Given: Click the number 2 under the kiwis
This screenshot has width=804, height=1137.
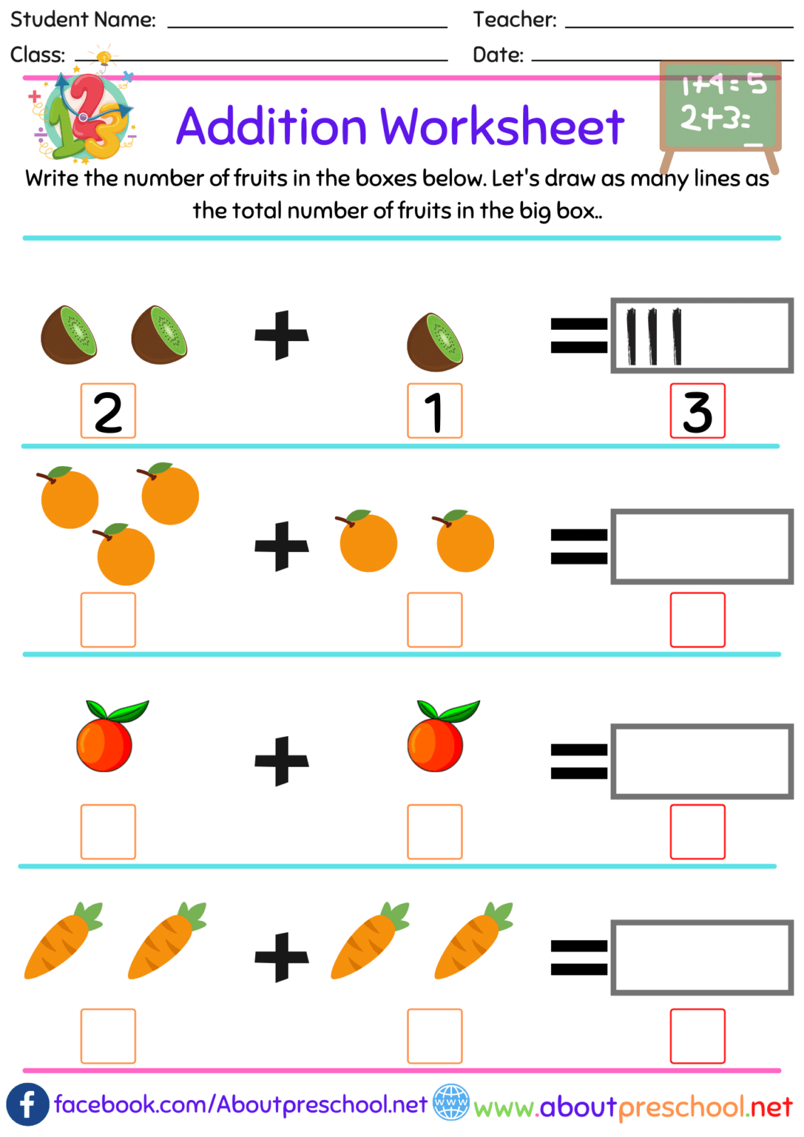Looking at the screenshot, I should (x=108, y=411).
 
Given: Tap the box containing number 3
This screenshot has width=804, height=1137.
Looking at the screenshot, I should (x=697, y=411).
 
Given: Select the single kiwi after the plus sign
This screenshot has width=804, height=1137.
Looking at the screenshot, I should (x=435, y=342).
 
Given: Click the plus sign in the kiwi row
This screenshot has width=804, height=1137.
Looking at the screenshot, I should (x=282, y=335).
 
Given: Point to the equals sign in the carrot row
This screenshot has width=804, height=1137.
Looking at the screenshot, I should (x=579, y=957).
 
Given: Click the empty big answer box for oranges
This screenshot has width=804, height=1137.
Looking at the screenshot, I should (x=702, y=546).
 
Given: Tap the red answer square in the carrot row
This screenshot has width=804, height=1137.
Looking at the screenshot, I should (x=697, y=1035).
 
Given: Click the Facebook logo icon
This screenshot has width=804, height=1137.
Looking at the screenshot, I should (x=27, y=1104).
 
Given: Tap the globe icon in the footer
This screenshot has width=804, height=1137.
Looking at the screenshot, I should (x=451, y=1102).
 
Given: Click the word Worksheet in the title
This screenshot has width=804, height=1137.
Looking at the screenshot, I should (x=502, y=126).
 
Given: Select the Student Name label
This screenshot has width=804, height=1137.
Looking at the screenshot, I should (x=83, y=19).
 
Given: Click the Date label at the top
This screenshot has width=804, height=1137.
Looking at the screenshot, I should (x=498, y=55).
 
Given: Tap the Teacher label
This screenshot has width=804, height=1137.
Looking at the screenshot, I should (x=515, y=19).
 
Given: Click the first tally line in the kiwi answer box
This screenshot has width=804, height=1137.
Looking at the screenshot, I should (x=631, y=336).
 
